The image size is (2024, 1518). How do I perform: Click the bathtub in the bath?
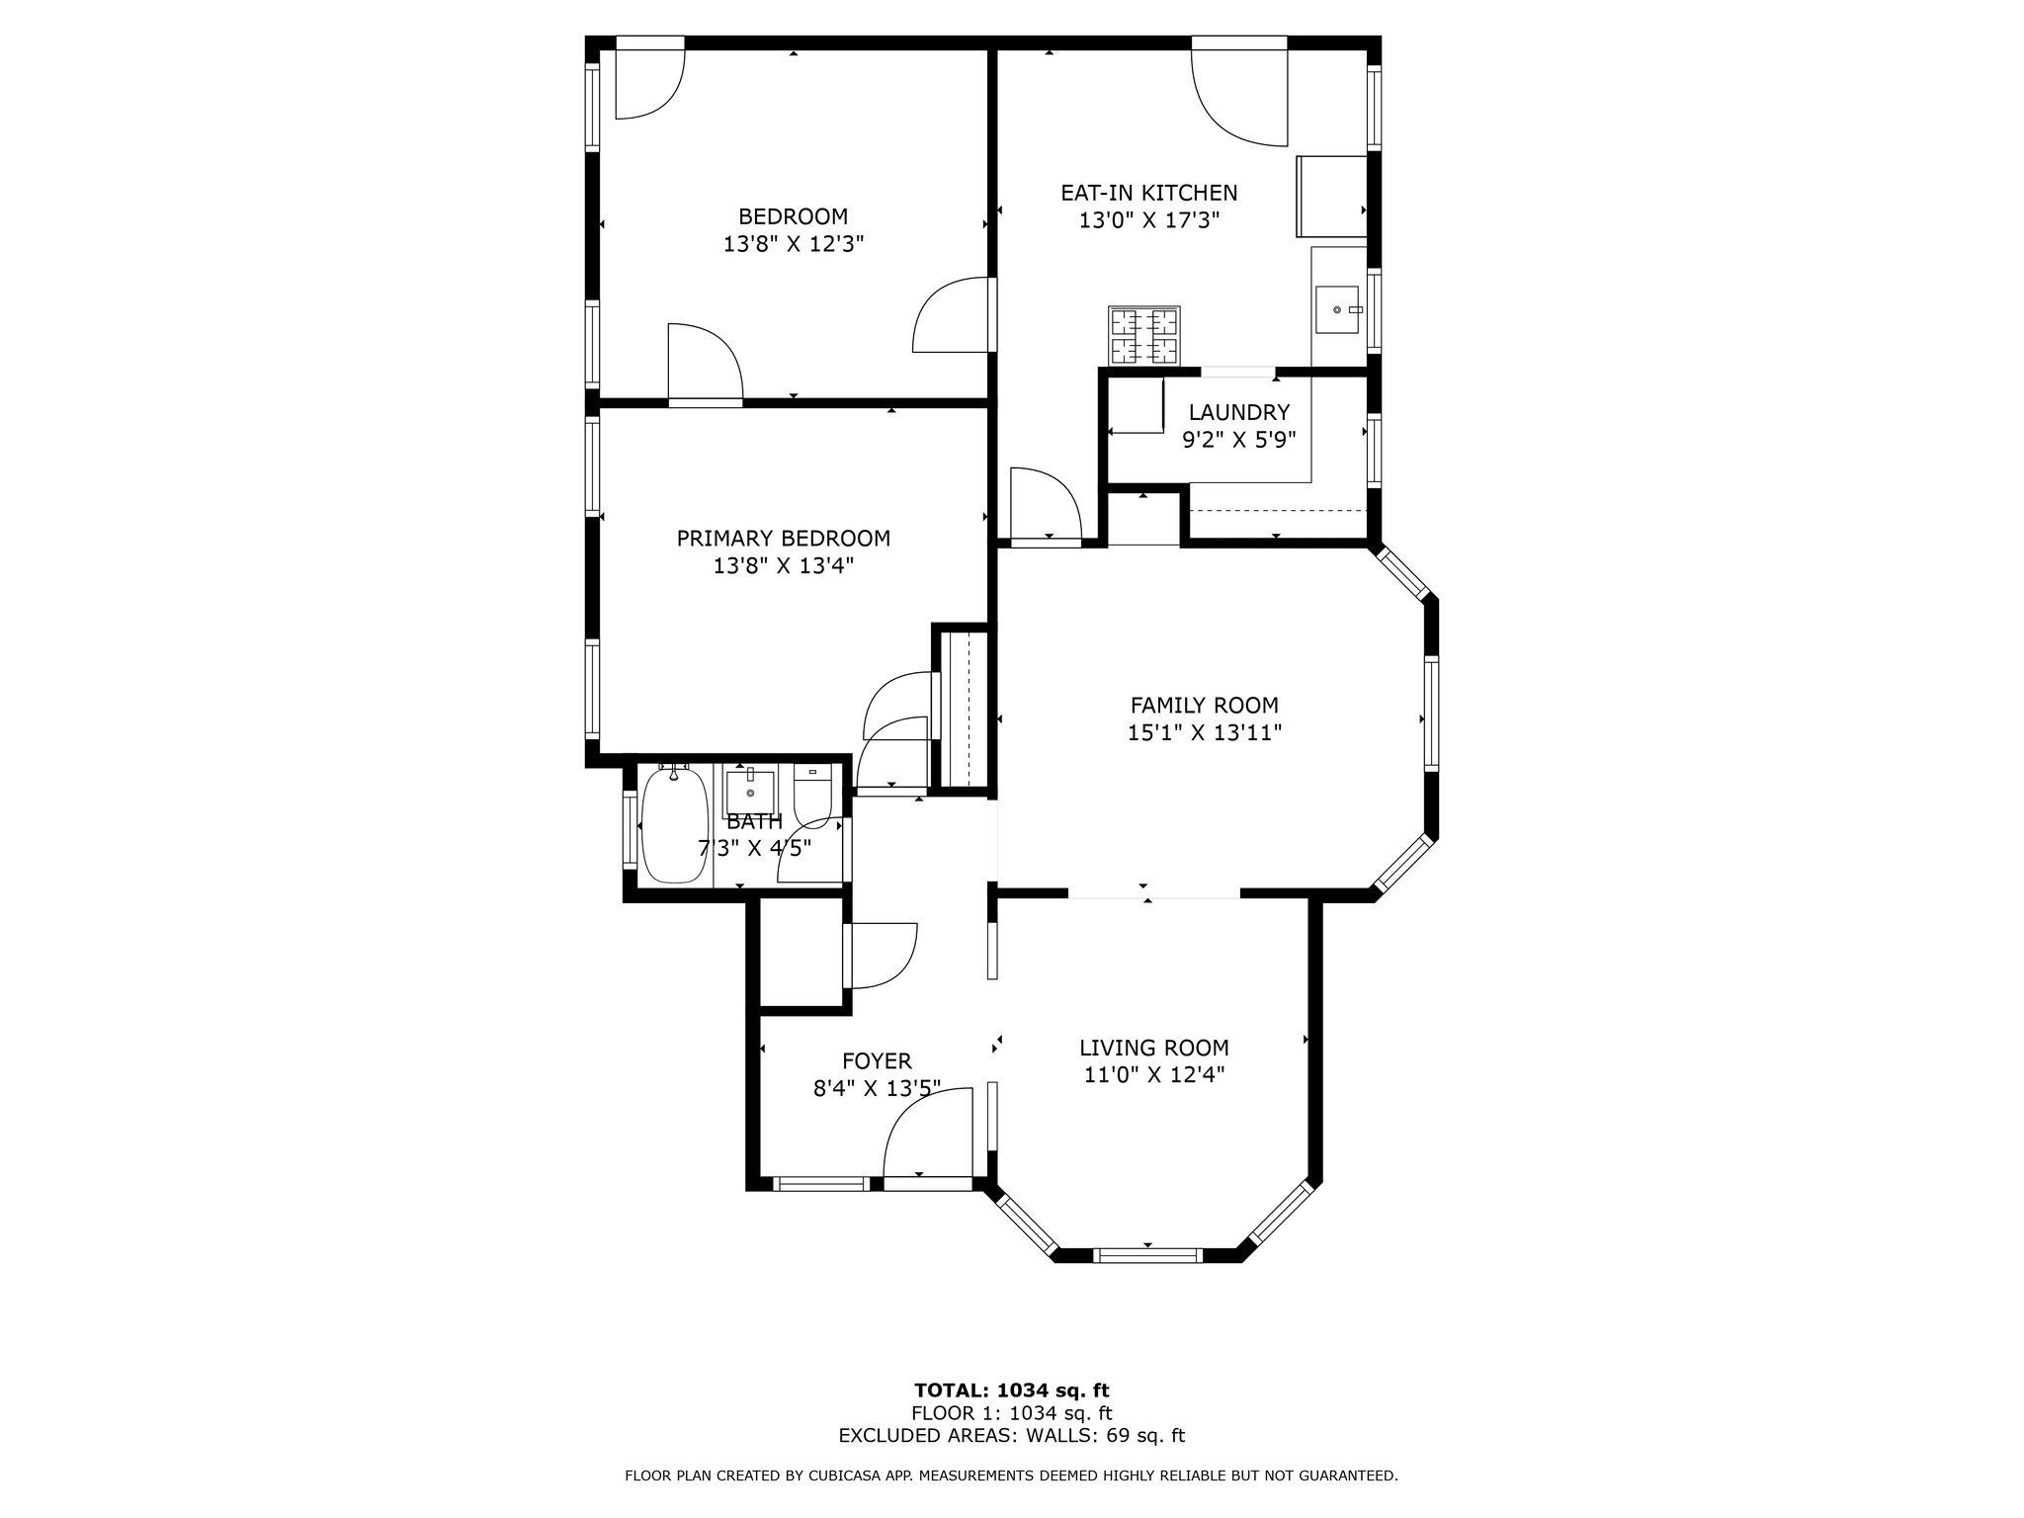(x=674, y=824)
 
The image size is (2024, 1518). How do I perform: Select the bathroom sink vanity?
(x=749, y=791)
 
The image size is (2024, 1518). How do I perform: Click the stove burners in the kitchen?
(x=1145, y=336)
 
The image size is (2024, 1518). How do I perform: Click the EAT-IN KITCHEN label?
(x=1148, y=193)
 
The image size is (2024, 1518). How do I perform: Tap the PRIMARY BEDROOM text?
(x=783, y=539)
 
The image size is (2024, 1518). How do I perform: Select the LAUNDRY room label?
(x=1238, y=412)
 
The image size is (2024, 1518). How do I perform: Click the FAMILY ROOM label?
(x=1204, y=705)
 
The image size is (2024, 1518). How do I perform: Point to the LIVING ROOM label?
(x=1153, y=1048)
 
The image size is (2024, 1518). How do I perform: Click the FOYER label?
(x=876, y=1061)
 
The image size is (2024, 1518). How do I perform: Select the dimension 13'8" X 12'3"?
(x=794, y=244)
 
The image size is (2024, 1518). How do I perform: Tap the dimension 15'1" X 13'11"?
(x=1204, y=732)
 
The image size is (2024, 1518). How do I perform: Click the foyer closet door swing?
(x=882, y=955)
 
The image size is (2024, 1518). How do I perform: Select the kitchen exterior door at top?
(x=1239, y=94)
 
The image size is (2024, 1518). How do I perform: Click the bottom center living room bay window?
(x=1147, y=1255)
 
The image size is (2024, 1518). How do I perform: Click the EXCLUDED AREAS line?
(x=1011, y=1436)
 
